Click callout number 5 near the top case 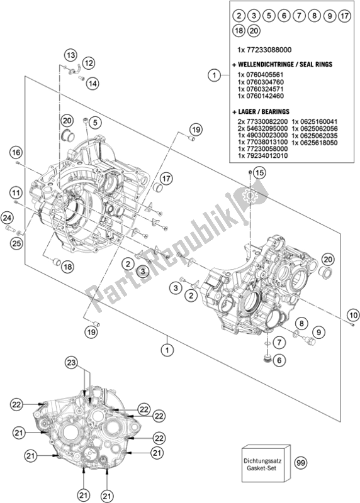[93, 82]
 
